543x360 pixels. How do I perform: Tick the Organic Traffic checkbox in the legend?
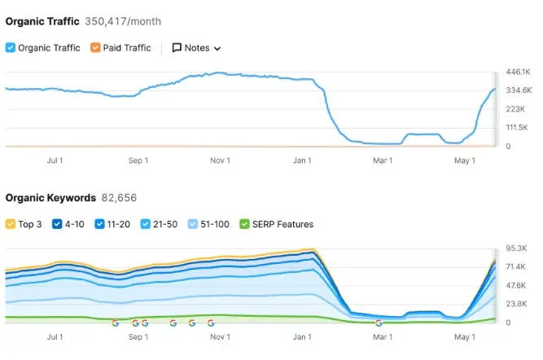(x=11, y=48)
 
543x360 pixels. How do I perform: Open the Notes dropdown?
(x=196, y=48)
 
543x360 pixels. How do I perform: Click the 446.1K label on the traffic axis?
(x=519, y=72)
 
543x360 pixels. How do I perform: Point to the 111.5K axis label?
(x=519, y=128)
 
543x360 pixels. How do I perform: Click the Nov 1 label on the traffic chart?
(x=220, y=160)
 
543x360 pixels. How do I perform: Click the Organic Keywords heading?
(x=50, y=198)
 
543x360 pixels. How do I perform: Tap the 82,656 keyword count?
(x=119, y=198)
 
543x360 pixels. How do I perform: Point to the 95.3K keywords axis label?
(x=519, y=248)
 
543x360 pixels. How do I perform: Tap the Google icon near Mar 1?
(x=379, y=323)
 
